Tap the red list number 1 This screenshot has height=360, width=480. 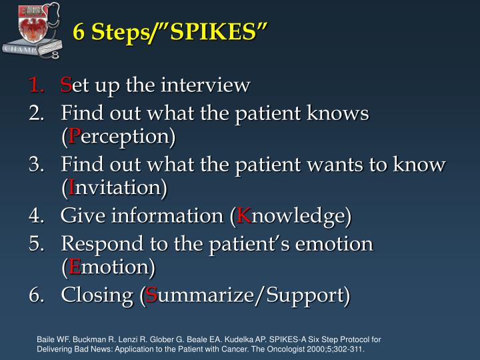coord(36,85)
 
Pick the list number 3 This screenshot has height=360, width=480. coord(36,165)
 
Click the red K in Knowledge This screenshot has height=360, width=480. coord(244,216)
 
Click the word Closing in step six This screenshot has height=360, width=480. coord(97,295)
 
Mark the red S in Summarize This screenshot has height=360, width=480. coord(152,295)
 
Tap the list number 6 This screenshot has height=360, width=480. coord(36,295)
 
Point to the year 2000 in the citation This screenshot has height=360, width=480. coord(313,348)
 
